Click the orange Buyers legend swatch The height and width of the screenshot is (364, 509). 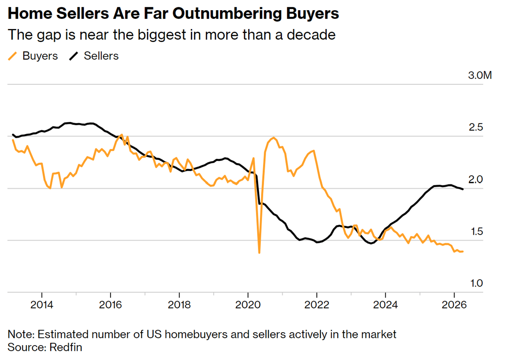(13, 56)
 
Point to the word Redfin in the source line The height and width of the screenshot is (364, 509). (66, 347)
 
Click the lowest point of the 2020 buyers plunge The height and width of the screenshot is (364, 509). (259, 253)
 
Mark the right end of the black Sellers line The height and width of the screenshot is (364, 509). (462, 189)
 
